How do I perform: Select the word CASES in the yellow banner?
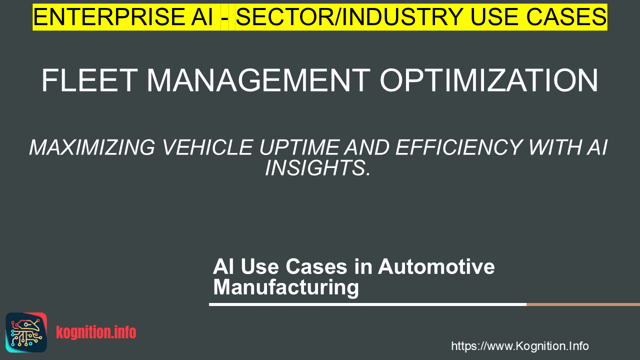(566, 17)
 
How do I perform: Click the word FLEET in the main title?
(89, 80)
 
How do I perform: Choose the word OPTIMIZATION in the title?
(489, 80)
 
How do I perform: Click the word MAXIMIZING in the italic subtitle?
(92, 147)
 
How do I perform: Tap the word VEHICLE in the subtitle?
(207, 147)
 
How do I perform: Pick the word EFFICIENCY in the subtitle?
(458, 147)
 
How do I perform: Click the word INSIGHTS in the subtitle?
(317, 167)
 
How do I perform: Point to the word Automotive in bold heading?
(436, 266)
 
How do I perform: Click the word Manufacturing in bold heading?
(286, 287)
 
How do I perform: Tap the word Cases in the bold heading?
(316, 266)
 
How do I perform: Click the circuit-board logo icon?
(26, 332)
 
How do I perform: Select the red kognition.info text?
(96, 332)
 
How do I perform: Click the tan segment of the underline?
(583, 304)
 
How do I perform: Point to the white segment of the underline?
(367, 304)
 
